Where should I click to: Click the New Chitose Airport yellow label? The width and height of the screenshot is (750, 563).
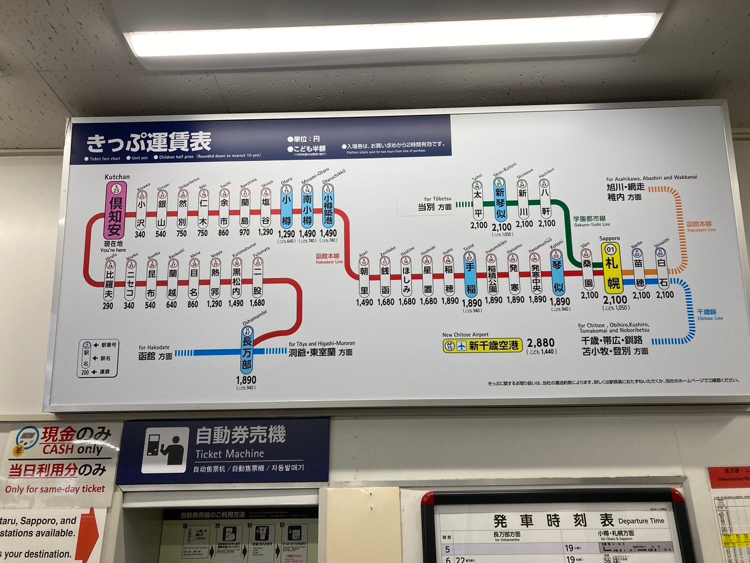pyautogui.click(x=482, y=346)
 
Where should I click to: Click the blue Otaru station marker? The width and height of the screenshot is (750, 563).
pyautogui.click(x=286, y=207)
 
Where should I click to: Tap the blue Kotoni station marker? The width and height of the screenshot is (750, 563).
pyautogui.click(x=558, y=274)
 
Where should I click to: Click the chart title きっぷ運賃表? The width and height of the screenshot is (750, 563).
pyautogui.click(x=149, y=142)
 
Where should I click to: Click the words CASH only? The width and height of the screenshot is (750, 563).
pyautogui.click(x=73, y=450)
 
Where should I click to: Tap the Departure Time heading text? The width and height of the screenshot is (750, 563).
pyautogui.click(x=641, y=521)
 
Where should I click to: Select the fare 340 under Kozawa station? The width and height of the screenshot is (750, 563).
pyautogui.click(x=140, y=234)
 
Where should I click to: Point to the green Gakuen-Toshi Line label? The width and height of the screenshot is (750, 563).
pyautogui.click(x=591, y=221)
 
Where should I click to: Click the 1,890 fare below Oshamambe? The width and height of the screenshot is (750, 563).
pyautogui.click(x=246, y=380)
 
